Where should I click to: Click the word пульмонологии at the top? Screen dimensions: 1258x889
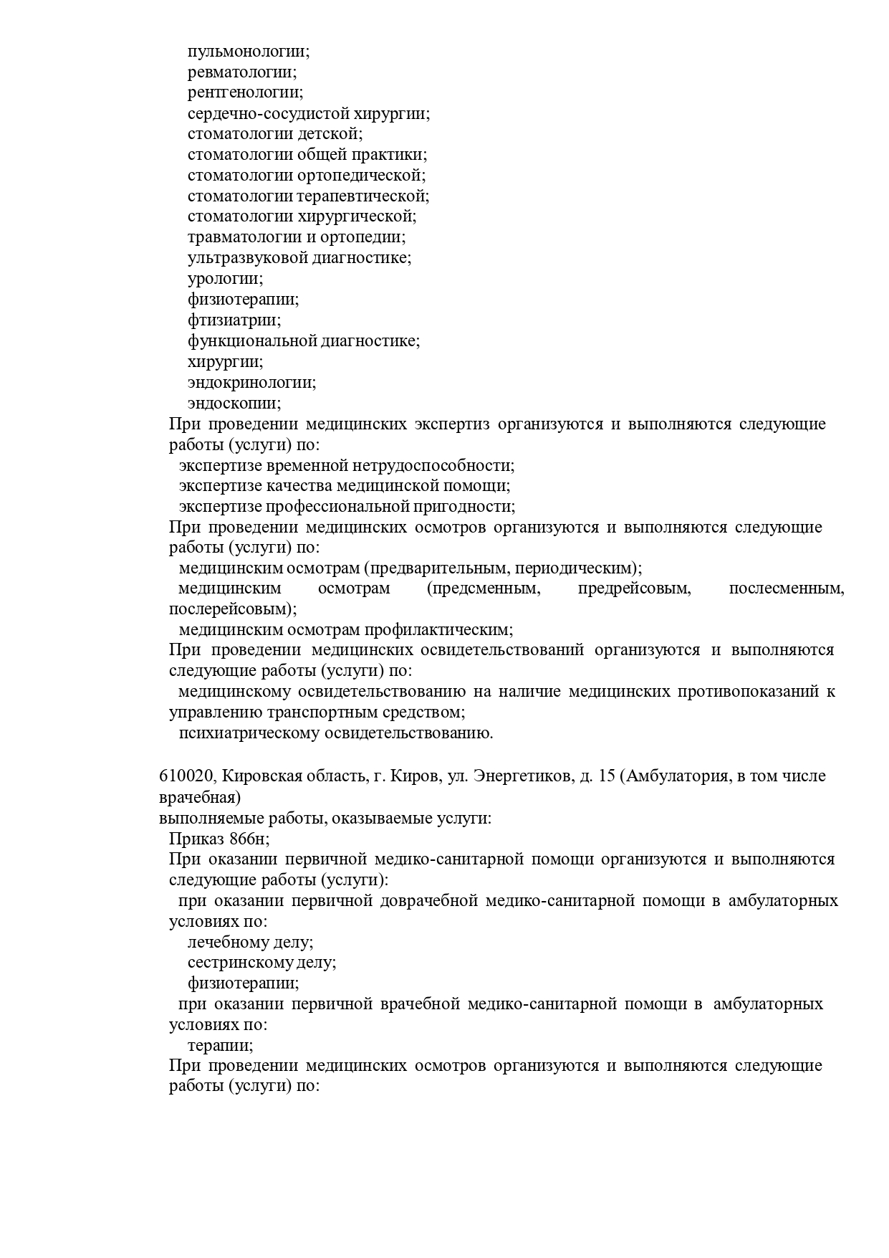(x=248, y=52)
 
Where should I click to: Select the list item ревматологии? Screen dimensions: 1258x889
(x=241, y=72)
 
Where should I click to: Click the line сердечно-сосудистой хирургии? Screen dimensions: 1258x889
(x=308, y=113)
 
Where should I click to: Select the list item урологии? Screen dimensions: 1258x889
(x=225, y=279)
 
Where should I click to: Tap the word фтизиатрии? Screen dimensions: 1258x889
(x=234, y=320)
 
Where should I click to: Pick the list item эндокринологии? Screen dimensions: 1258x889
(x=251, y=382)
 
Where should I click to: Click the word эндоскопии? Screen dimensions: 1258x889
(x=234, y=403)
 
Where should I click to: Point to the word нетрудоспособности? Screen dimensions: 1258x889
(x=433, y=465)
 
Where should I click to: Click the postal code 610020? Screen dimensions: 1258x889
(x=186, y=776)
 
